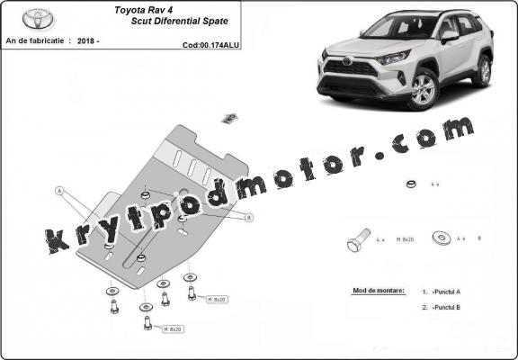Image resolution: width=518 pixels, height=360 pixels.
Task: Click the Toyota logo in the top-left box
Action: pos(38,19)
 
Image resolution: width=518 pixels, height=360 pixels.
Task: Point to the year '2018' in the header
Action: pos(88,41)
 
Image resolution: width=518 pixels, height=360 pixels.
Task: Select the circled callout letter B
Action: pos(249,218)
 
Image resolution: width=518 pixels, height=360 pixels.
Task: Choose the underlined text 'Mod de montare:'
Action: pos(372,292)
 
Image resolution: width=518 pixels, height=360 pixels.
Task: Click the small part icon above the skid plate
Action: pos(229,117)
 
